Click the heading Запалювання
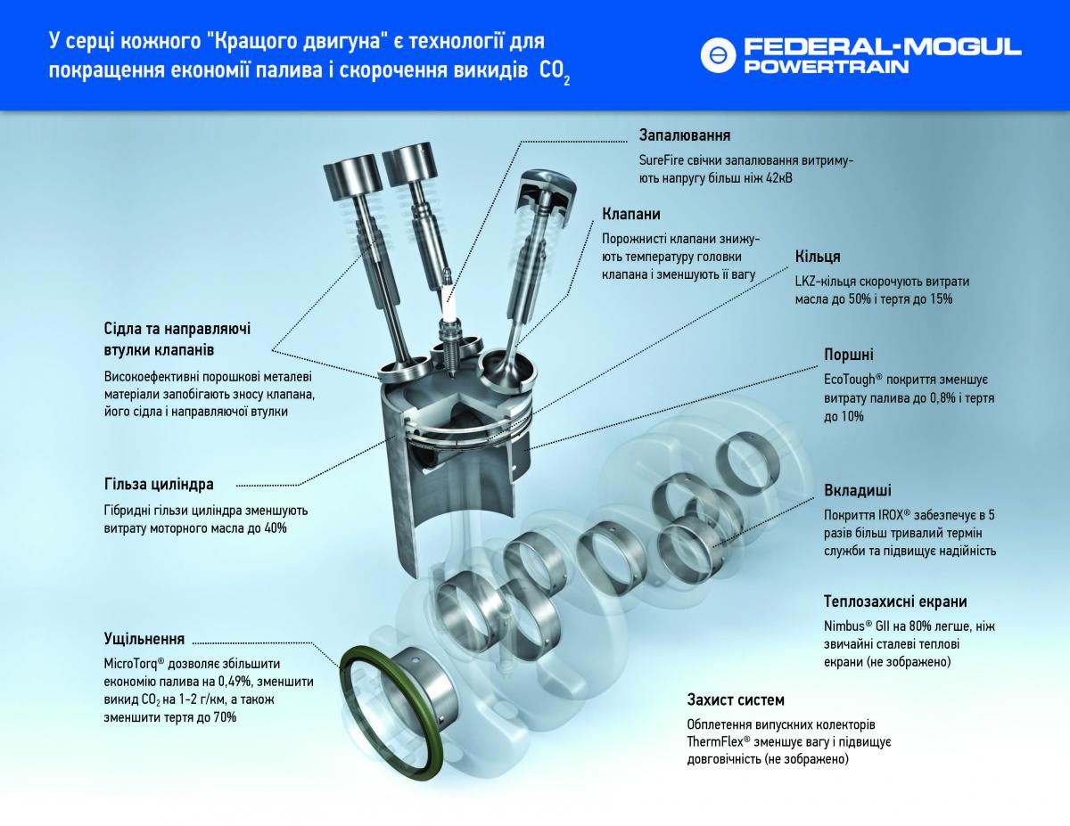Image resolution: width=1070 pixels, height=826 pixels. (685, 135)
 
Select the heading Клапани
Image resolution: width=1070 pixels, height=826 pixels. (630, 214)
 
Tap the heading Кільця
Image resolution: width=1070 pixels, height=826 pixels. (818, 257)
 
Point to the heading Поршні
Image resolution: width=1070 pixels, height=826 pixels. (848, 355)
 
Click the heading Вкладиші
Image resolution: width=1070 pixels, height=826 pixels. (857, 490)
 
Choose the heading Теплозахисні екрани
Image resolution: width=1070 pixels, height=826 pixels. (895, 601)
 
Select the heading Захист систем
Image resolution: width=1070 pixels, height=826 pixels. (736, 699)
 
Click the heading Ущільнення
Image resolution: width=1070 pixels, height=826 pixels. (144, 639)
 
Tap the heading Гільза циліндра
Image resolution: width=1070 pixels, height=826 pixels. (159, 485)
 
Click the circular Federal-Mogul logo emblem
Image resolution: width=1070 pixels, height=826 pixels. (718, 55)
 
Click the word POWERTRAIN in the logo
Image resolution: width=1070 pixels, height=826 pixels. (826, 67)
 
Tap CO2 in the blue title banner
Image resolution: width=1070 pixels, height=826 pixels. (555, 72)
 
